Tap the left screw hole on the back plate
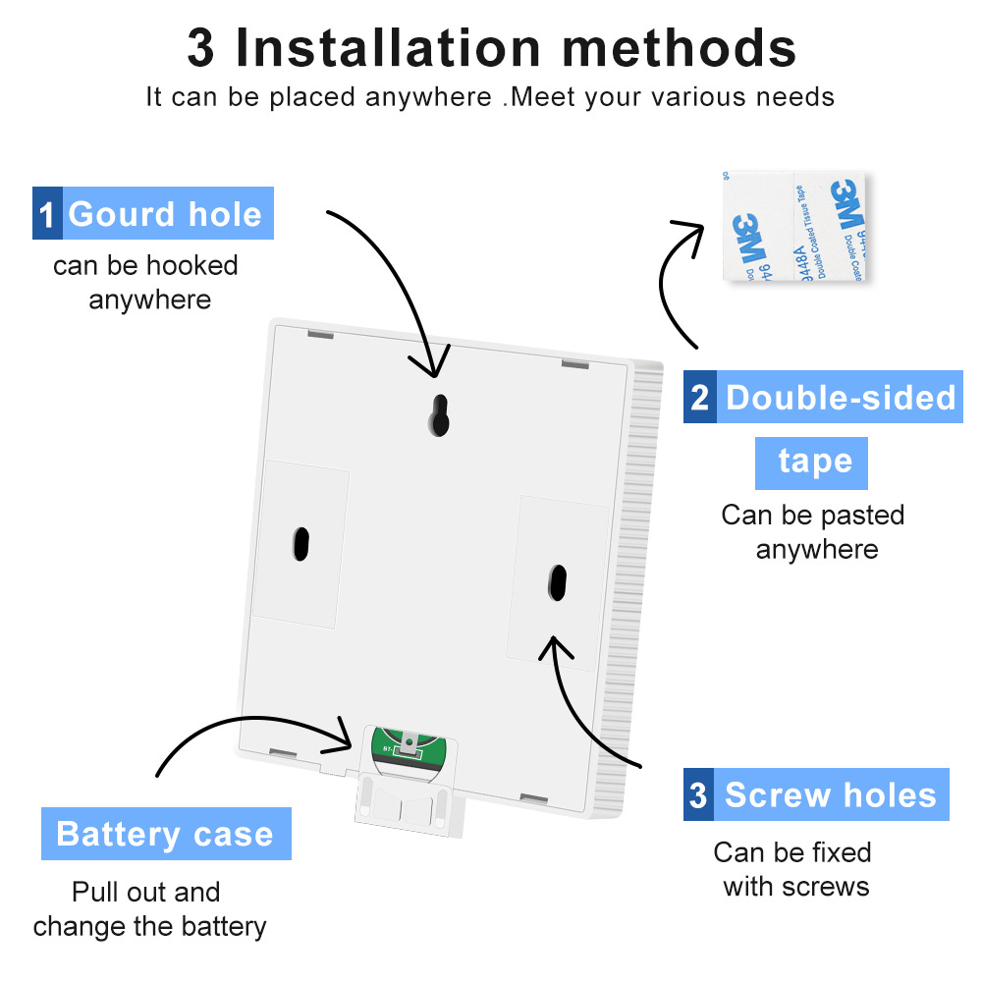point(301,543)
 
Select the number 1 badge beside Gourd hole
point(47,214)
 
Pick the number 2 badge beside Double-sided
point(699,398)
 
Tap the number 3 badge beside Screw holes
point(698,794)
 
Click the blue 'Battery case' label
point(166,835)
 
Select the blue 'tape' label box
point(811,462)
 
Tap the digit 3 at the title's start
point(200,47)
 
